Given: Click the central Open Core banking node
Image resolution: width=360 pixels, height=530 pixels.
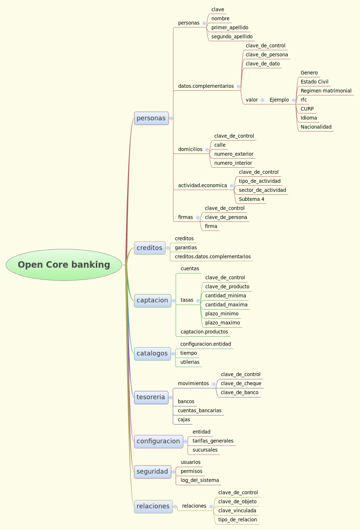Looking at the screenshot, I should click(64, 265).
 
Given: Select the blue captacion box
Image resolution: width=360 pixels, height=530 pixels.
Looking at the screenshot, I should click(153, 301).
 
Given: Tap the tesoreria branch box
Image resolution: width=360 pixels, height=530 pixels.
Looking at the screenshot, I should click(151, 397).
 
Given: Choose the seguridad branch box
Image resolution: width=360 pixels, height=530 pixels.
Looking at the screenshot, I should click(153, 472).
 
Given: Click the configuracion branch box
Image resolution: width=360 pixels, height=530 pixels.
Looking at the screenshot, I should click(158, 441).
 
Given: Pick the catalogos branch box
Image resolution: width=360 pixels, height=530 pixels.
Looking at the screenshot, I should click(152, 354).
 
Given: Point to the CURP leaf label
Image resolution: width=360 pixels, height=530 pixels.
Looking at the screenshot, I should click(307, 109).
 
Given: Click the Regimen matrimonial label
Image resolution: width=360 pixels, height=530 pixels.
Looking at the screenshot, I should click(326, 91).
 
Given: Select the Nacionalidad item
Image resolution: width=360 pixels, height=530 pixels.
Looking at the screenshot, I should click(316, 127).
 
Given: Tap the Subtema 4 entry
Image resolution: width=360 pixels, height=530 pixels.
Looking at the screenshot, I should click(252, 199).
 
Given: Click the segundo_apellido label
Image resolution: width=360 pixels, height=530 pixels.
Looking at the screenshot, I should click(232, 36).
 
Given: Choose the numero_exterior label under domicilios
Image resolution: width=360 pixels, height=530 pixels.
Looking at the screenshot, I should click(234, 154).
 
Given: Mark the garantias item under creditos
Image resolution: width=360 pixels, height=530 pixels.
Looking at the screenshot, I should click(186, 247).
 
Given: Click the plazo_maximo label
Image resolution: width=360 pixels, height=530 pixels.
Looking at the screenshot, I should click(223, 323).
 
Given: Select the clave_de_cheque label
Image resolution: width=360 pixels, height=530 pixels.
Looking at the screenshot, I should click(241, 383).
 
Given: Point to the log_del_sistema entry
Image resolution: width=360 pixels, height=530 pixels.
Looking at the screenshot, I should click(200, 480).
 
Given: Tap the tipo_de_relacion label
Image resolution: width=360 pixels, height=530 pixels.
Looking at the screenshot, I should click(237, 520).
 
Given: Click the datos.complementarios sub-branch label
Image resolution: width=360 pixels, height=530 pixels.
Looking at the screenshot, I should click(206, 86).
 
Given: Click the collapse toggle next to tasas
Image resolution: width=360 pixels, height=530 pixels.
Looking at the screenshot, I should click(198, 301).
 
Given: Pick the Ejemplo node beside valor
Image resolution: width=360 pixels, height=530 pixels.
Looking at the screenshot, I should click(279, 100).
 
